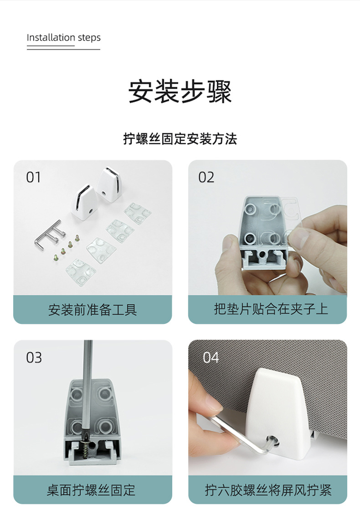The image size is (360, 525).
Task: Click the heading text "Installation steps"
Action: (x=64, y=37)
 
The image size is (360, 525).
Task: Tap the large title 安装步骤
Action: (x=180, y=92)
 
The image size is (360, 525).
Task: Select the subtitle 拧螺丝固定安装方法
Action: (x=180, y=138)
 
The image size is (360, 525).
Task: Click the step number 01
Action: (x=34, y=177)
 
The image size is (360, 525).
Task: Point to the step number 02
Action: (x=206, y=177)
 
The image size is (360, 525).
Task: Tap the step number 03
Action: (x=34, y=357)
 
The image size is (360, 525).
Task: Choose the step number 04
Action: (x=211, y=357)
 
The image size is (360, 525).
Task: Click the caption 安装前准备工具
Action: (x=93, y=310)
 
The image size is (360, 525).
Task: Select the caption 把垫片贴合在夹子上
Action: (x=271, y=309)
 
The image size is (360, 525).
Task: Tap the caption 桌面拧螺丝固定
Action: (x=91, y=490)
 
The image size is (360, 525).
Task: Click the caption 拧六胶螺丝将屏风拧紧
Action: (x=268, y=490)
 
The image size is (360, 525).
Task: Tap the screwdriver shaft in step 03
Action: (x=88, y=388)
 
